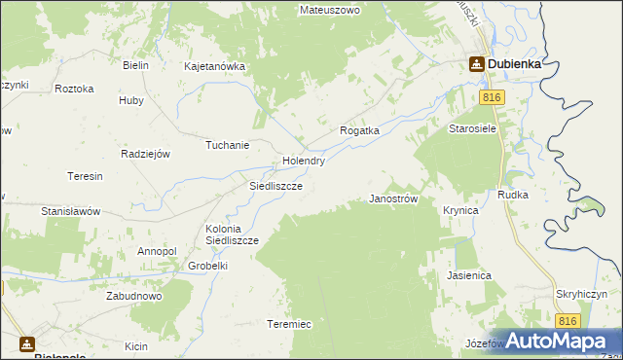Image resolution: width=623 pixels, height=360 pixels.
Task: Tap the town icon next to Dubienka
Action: pos(477,64)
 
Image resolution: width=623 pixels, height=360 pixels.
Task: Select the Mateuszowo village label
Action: pos(330,10)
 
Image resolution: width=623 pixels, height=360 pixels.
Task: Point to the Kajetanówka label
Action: pos(214,67)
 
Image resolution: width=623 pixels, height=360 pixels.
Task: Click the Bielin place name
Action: pos(135,65)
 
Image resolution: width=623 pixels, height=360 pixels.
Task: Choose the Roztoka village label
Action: pos(75,89)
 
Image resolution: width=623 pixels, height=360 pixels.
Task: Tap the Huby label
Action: pos(130,99)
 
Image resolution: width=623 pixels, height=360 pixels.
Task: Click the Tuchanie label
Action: pos(227,145)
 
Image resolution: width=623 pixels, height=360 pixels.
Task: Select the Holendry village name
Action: pos(303,161)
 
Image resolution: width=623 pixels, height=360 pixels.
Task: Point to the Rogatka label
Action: pos(358,129)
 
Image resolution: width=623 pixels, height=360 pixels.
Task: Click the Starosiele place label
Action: pos(472,128)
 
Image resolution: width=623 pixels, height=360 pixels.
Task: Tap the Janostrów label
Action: pos(394,198)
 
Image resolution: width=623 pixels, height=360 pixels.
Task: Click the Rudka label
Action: pos(512,195)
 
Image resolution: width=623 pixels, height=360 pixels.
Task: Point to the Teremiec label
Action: pos(288,324)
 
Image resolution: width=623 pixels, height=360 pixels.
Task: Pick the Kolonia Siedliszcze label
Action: pos(231,234)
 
